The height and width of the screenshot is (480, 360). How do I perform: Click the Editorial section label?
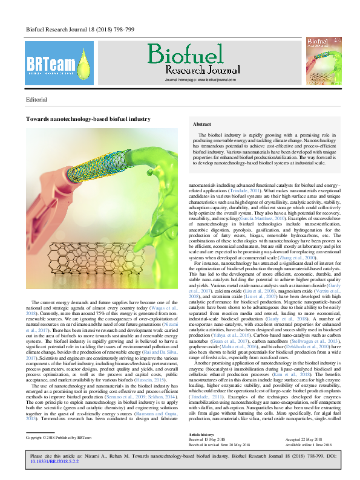tap(37, 98)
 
